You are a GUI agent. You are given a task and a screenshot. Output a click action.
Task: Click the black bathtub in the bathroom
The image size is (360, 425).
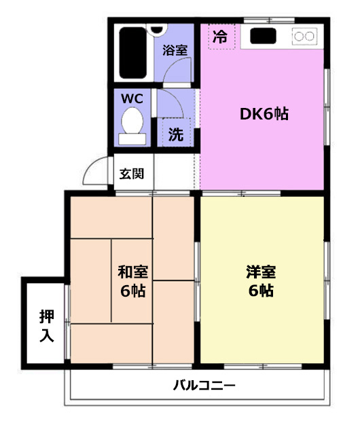click(133, 52)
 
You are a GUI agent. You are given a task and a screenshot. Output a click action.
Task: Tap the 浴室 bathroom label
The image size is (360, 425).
click(175, 50)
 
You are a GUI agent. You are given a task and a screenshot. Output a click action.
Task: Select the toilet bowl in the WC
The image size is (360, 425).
click(132, 120)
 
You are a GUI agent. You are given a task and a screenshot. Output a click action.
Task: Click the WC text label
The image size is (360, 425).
click(132, 98)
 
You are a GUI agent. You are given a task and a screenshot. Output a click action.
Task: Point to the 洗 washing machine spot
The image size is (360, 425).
click(176, 134)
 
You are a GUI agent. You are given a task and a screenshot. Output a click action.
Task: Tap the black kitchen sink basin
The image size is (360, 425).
click(263, 36)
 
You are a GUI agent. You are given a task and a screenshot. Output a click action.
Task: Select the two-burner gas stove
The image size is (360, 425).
click(304, 36)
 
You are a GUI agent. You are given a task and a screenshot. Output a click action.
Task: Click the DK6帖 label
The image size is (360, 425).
click(264, 114)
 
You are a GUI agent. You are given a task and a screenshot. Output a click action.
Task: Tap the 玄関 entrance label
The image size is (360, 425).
click(132, 174)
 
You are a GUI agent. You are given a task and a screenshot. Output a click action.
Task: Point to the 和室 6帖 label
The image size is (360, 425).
click(133, 281)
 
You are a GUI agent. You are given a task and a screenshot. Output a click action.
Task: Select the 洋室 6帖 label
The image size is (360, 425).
click(261, 281)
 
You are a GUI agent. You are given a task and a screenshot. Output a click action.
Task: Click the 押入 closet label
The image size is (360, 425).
click(47, 326)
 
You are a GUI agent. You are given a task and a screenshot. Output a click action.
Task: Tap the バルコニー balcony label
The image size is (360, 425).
click(204, 385)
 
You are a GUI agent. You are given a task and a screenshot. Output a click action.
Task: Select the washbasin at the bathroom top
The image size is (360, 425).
click(157, 31)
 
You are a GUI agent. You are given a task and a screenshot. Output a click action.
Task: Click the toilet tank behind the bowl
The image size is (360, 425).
click(132, 139)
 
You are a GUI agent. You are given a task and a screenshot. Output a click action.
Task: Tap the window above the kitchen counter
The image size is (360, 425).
click(269, 20)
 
